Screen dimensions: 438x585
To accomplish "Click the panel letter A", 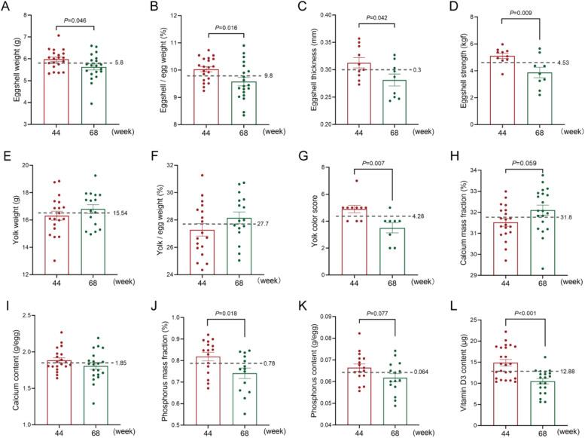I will [x=5, y=7].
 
